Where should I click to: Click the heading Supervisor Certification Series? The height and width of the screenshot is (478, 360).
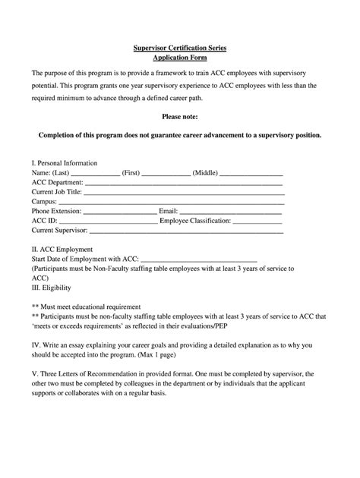(x=180, y=48)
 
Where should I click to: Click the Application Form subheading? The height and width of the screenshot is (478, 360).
(x=180, y=58)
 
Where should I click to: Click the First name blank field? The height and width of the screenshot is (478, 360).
(x=166, y=174)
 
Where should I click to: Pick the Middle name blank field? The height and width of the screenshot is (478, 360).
(x=251, y=174)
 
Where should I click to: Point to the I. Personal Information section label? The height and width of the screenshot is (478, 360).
(x=64, y=163)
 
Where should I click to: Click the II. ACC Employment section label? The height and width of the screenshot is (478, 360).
(x=62, y=249)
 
